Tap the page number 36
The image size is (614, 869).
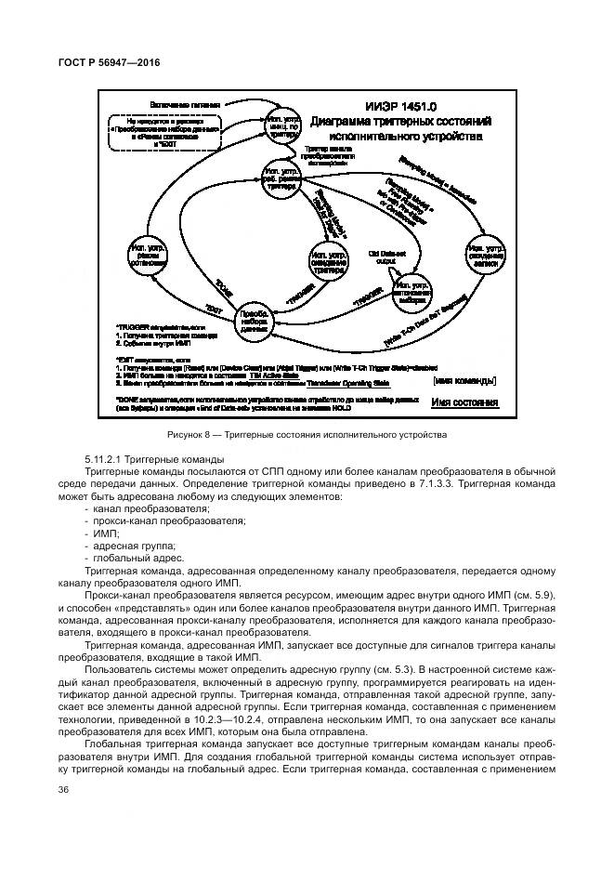point(64,789)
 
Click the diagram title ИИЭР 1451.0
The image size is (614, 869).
point(404,106)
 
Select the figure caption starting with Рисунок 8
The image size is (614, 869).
point(307,434)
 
